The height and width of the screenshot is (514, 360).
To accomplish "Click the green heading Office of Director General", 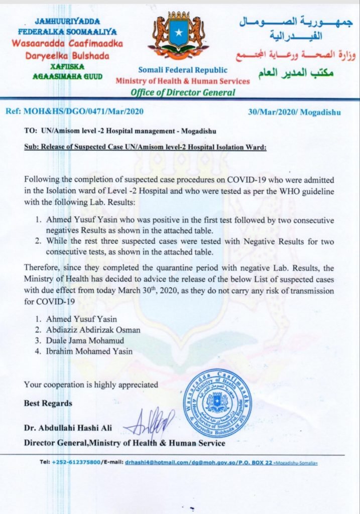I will pos(182,92).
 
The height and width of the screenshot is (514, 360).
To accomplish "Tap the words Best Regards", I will pos(48,403).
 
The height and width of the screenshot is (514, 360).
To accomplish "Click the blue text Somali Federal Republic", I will pos(182,70).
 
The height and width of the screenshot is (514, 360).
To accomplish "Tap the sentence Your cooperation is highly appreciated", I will pos(91,384).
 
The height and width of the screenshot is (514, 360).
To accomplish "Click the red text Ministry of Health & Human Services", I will pos(182,81).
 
